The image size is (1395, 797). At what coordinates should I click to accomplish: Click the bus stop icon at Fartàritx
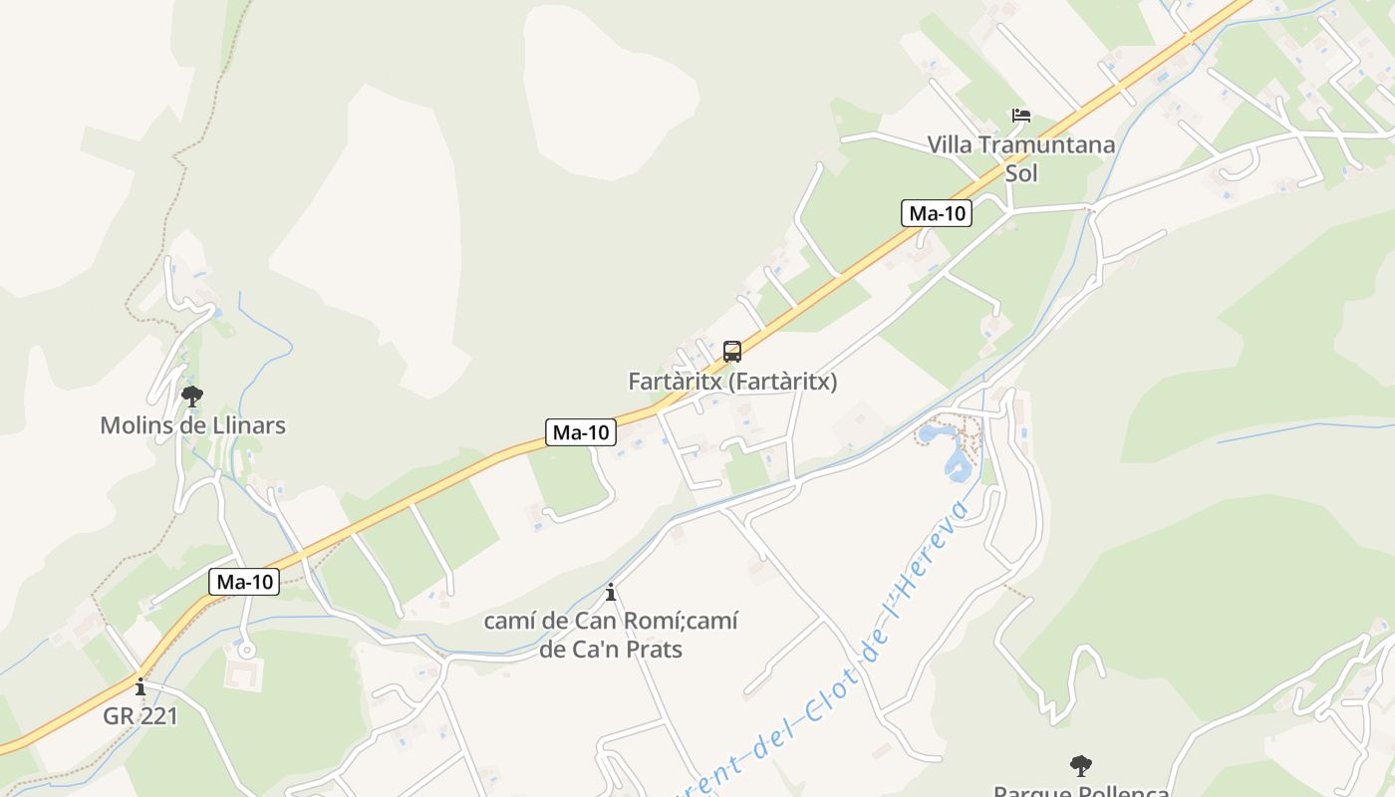[732, 352]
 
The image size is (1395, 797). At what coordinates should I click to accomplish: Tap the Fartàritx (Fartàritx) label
[732, 382]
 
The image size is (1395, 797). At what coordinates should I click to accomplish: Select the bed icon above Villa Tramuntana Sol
[1021, 116]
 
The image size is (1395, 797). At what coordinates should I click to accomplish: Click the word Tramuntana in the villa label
[1047, 145]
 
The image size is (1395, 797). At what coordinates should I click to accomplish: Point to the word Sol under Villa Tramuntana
[1021, 173]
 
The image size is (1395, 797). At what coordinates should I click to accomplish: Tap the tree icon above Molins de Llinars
[192, 397]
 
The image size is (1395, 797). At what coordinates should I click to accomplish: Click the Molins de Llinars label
[192, 425]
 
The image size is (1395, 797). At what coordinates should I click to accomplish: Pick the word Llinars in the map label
[251, 425]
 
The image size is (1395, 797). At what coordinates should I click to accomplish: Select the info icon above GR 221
[140, 686]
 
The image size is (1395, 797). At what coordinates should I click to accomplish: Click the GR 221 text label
[140, 715]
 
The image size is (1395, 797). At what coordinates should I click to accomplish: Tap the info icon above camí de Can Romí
[611, 593]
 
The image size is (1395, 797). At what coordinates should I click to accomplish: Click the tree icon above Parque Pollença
[1081, 766]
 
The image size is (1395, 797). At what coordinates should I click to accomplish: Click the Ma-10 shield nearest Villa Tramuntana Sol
[937, 213]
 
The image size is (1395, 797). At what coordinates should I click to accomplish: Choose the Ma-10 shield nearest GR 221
[244, 583]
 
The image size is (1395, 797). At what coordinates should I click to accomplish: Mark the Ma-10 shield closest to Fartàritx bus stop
[581, 432]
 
